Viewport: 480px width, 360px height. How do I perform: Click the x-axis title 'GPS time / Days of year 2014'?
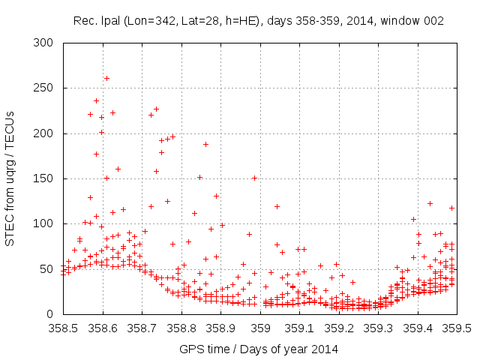click(x=259, y=349)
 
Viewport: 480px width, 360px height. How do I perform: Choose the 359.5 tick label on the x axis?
click(x=457, y=328)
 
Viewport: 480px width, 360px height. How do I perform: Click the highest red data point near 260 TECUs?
click(x=106, y=78)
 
